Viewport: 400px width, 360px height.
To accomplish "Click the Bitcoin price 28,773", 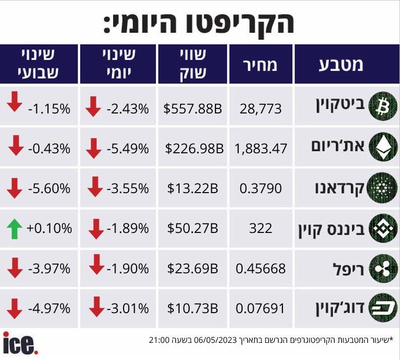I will click(x=261, y=108).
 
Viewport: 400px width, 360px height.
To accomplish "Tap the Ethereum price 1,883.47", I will click(x=261, y=148).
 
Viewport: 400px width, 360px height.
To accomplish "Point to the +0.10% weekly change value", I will click(x=49, y=228).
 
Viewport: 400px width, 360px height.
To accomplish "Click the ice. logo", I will click(x=20, y=343).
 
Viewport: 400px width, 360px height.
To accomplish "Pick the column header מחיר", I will click(x=261, y=65).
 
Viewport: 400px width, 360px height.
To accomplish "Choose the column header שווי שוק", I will click(x=193, y=64).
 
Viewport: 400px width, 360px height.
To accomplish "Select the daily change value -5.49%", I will click(x=128, y=148).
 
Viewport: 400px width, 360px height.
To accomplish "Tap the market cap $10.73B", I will click(x=193, y=308).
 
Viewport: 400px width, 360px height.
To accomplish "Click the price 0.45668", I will click(x=261, y=269).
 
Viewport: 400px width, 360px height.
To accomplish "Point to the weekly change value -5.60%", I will click(x=49, y=189).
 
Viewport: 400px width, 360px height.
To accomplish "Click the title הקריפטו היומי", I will click(x=200, y=22).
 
